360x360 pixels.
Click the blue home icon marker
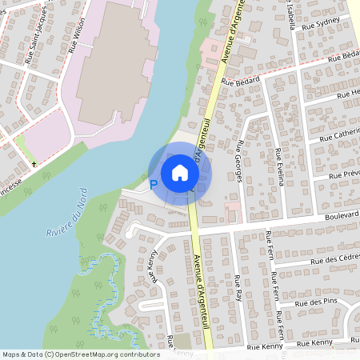click(x=180, y=172)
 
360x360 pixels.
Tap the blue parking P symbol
click(x=154, y=185)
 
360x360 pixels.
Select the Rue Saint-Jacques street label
click(x=33, y=52)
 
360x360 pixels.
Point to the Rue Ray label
click(x=238, y=287)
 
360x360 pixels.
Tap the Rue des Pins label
click(x=314, y=302)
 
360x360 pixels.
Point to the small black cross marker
click(x=34, y=164)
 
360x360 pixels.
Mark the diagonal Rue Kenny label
click(x=154, y=267)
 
